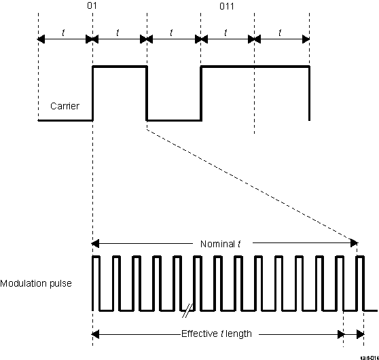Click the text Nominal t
221,243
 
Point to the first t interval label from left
64,31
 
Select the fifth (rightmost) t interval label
281,31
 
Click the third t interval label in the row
173,31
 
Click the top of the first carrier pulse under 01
120,67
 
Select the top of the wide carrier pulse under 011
255,67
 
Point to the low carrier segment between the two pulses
174,120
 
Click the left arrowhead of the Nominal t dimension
95,243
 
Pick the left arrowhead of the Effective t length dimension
95,334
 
